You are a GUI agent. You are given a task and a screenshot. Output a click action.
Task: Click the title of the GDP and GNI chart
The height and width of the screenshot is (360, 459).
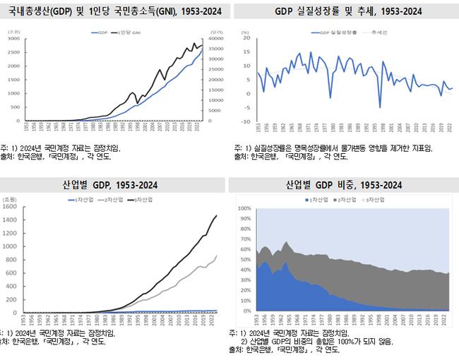point(114,10)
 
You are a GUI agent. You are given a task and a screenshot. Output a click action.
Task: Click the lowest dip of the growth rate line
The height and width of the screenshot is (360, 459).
point(380,107)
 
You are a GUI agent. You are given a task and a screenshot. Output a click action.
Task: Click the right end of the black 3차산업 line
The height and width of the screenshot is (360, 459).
point(216,216)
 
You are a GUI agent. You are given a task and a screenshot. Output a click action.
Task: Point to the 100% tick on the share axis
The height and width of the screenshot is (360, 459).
point(244,209)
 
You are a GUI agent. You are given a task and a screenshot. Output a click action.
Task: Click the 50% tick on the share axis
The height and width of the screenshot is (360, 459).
point(245,260)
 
